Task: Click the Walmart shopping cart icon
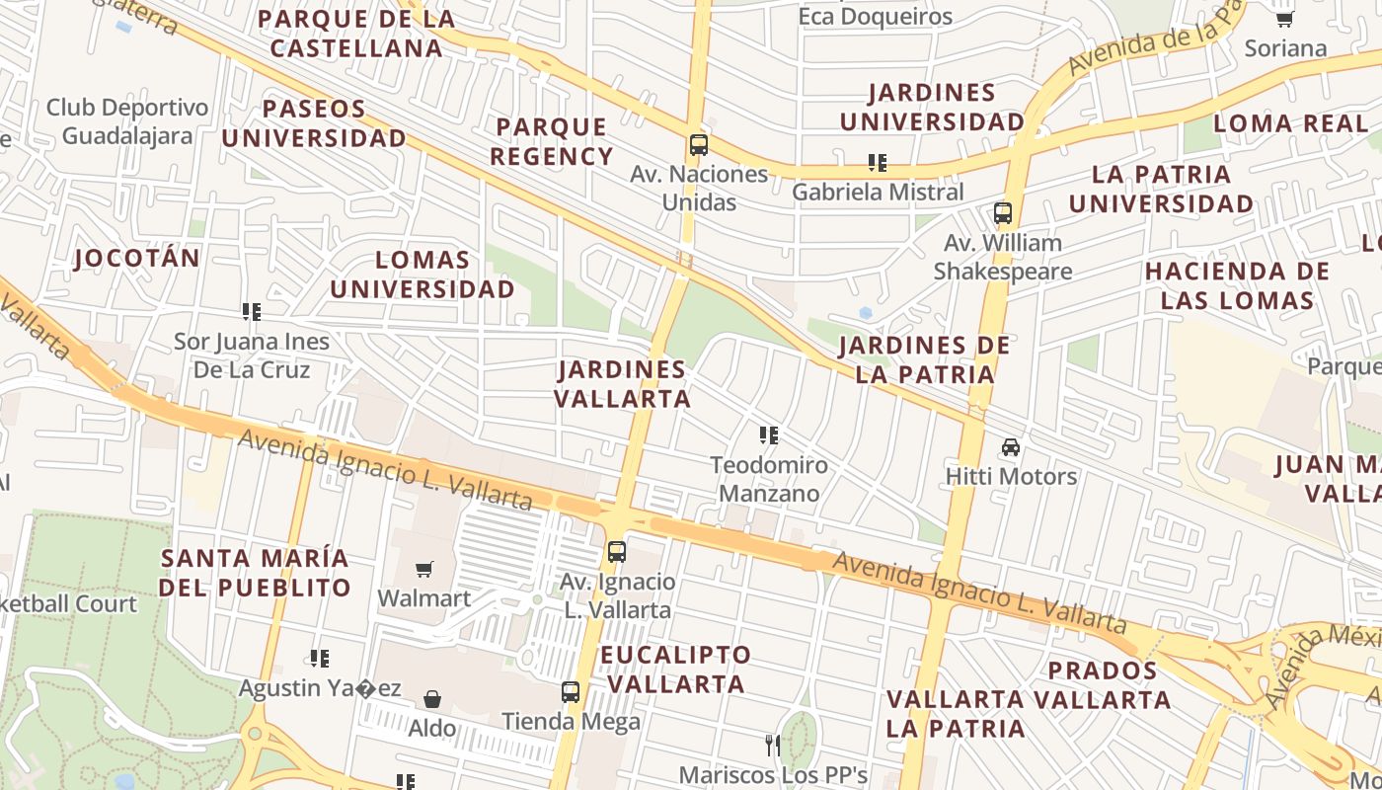(x=424, y=569)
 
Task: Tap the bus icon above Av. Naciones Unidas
(x=699, y=145)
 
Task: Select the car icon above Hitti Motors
(x=1011, y=447)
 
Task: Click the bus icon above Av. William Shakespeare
(x=1003, y=213)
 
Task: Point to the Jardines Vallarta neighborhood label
(x=622, y=384)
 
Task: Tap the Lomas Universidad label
(x=422, y=275)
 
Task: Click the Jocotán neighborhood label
(x=137, y=259)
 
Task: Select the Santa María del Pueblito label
(x=255, y=573)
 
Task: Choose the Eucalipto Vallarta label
(x=675, y=670)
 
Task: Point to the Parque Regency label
(x=552, y=141)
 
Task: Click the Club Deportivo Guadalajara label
(x=127, y=120)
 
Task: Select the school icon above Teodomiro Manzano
(x=769, y=434)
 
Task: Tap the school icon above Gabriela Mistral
(x=877, y=162)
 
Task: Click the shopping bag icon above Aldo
(x=432, y=700)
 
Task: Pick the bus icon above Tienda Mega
(x=571, y=692)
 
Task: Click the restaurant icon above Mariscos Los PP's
(x=773, y=744)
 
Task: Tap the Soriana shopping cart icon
(x=1284, y=19)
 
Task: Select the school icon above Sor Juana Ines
(x=252, y=312)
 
